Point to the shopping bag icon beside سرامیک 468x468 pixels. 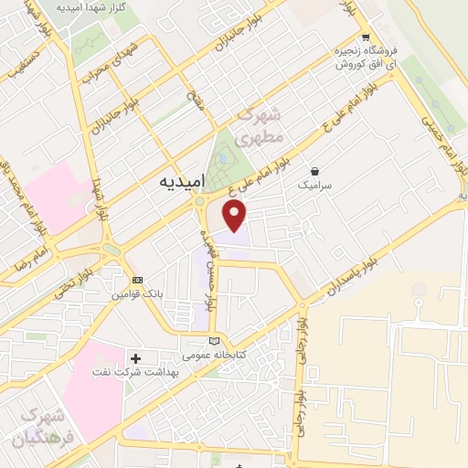315,170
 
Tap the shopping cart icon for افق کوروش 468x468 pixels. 365,38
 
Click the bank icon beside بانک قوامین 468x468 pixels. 137,280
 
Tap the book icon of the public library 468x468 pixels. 215,340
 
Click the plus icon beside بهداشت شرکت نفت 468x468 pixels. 136,357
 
